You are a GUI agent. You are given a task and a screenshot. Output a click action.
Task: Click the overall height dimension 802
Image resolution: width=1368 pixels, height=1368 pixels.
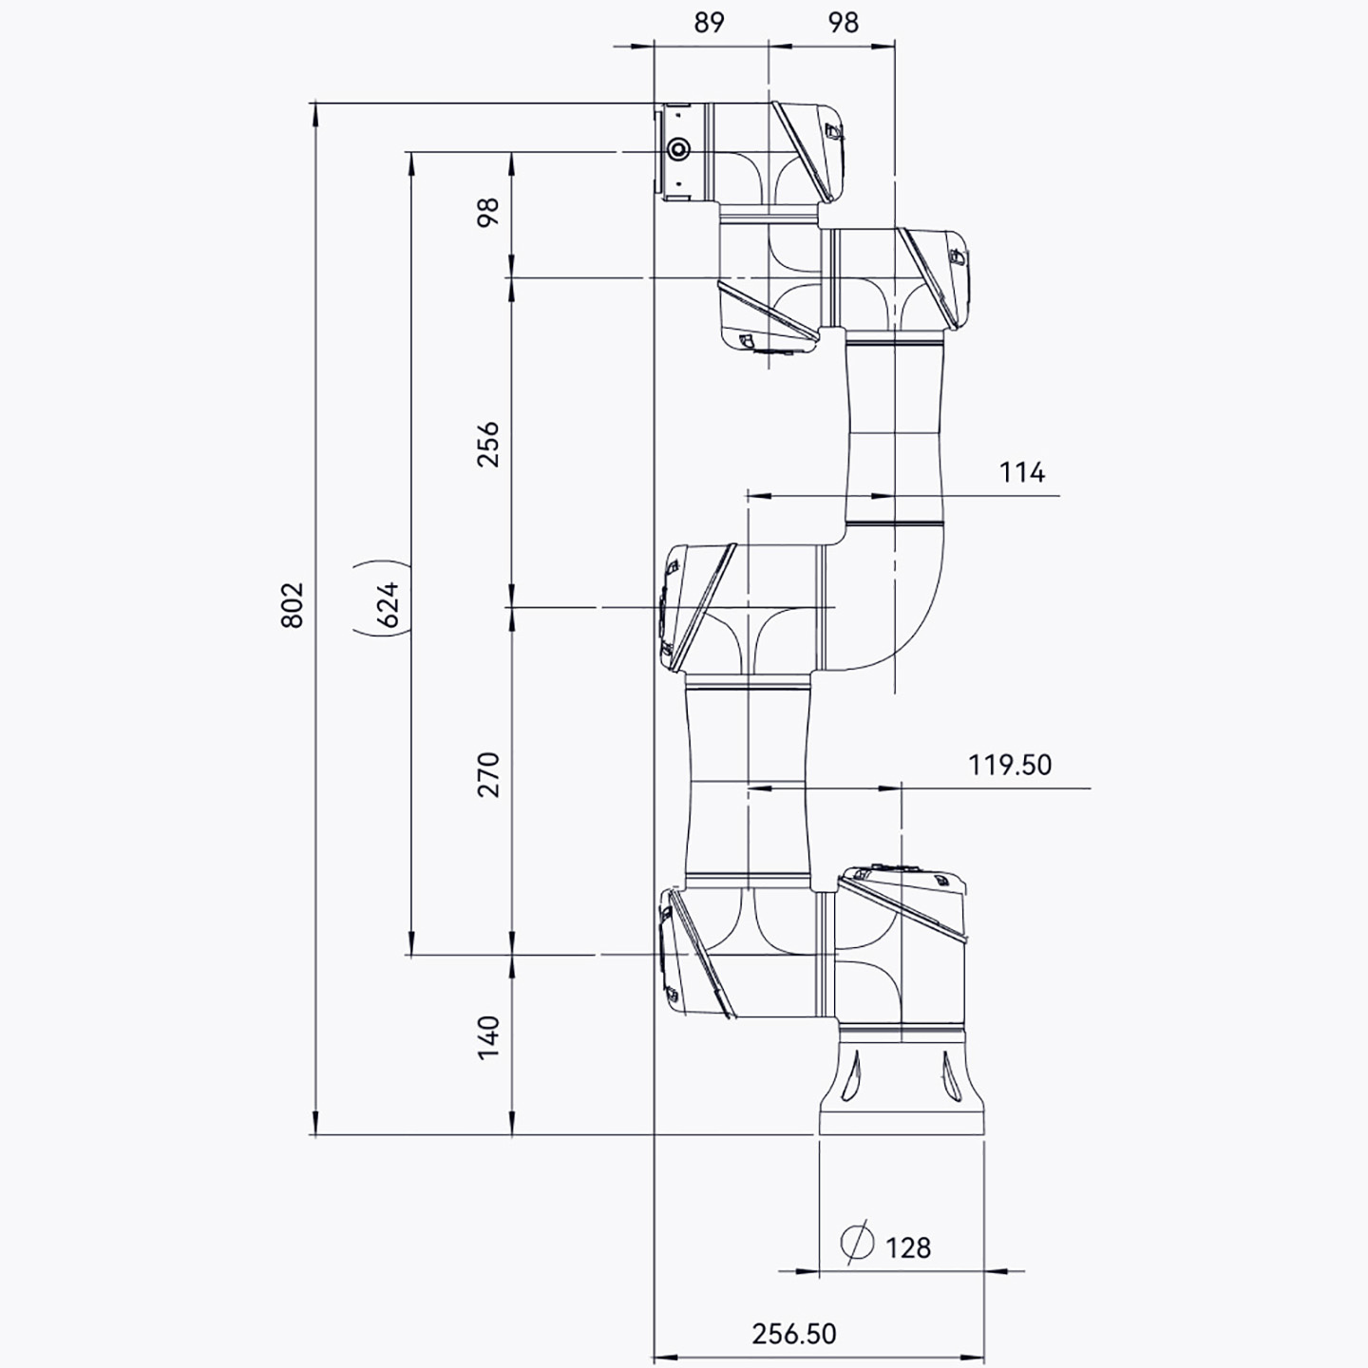[292, 605]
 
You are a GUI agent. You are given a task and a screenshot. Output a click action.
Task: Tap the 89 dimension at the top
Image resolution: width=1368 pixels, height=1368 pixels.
[710, 23]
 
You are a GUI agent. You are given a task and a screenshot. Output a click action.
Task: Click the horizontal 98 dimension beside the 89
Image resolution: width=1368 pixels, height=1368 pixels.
[844, 23]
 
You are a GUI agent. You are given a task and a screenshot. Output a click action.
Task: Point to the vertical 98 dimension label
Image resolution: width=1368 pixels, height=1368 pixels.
[487, 212]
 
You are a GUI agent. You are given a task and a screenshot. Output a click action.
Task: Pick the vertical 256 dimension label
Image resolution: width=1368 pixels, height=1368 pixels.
[487, 444]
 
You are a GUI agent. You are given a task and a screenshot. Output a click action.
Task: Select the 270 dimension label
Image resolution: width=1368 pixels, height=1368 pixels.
[487, 774]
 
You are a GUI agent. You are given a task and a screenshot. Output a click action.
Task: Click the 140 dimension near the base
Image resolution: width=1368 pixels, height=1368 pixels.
[487, 1038]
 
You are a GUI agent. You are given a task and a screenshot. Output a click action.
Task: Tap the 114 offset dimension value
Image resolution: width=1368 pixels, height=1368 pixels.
[1022, 472]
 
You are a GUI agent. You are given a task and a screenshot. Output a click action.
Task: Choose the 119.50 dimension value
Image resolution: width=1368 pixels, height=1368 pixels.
[1010, 765]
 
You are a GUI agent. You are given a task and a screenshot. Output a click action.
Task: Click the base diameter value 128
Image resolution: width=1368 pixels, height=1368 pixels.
[908, 1247]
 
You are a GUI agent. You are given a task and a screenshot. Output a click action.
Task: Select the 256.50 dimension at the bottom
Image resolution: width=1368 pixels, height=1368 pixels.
[794, 1334]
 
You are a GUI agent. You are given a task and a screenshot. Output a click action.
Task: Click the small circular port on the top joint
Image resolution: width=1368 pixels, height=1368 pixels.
[678, 150]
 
